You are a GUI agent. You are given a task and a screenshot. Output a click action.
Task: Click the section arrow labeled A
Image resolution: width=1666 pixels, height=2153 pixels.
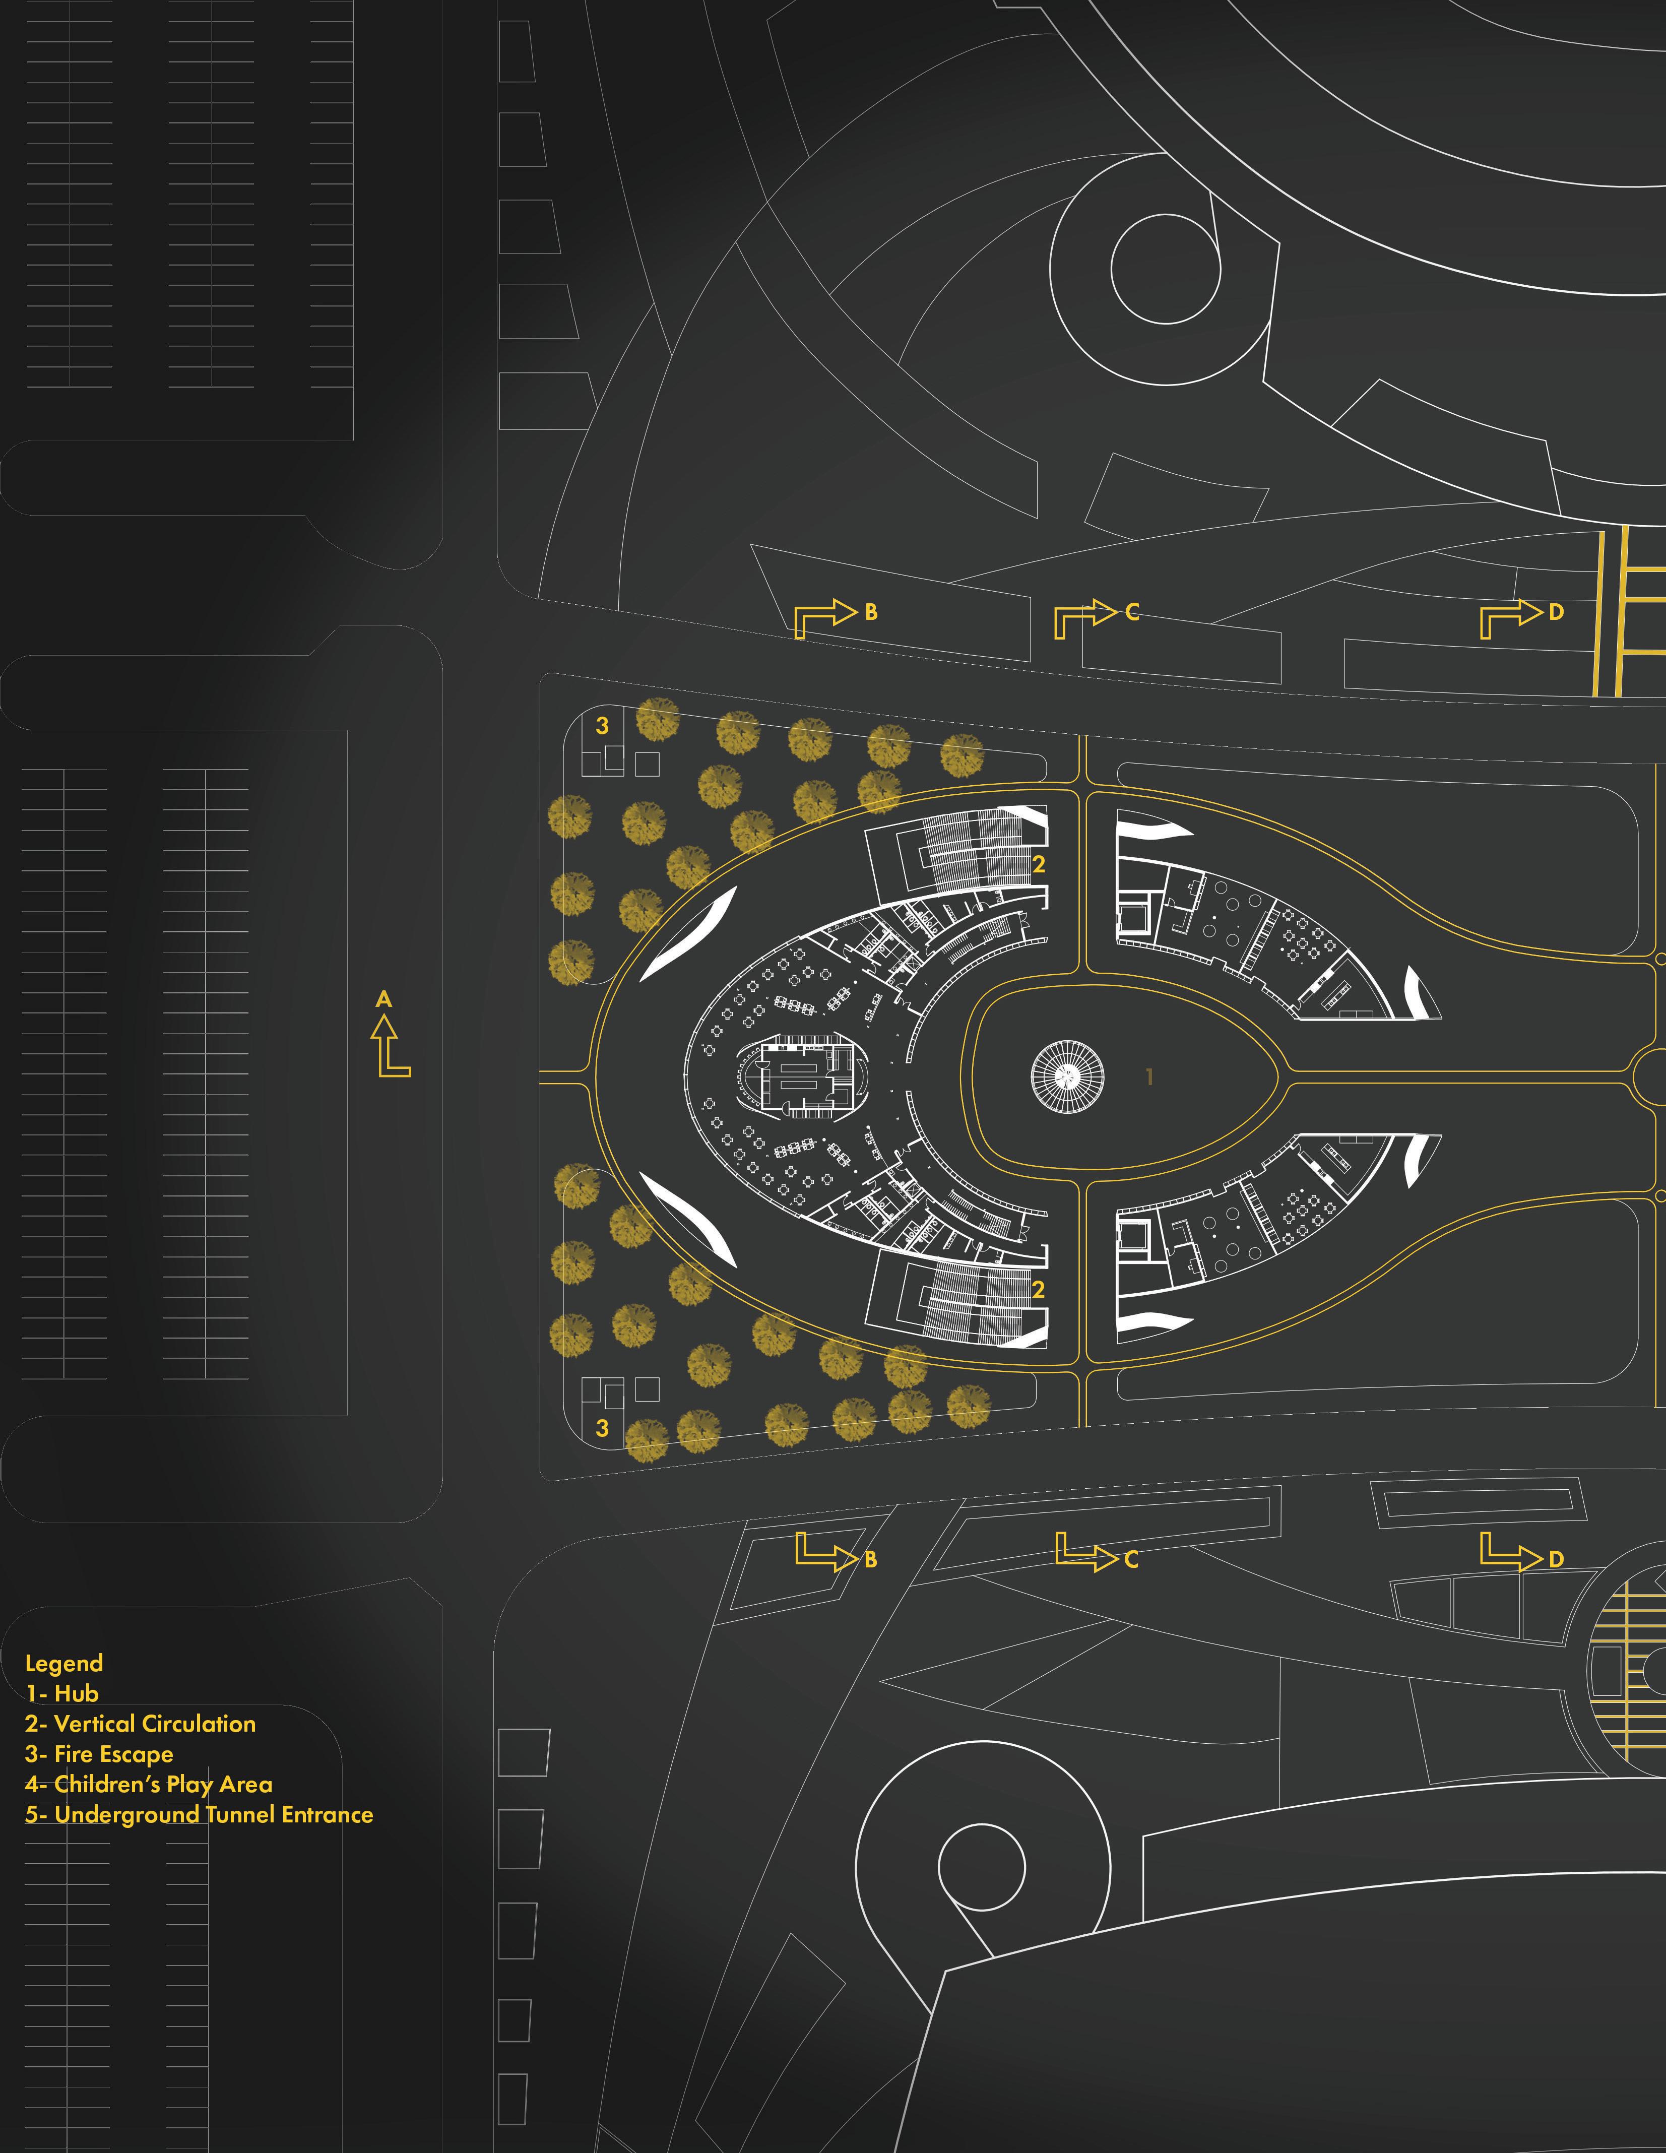(x=391, y=1045)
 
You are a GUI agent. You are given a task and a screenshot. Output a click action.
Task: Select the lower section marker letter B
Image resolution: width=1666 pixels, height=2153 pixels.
(x=870, y=1559)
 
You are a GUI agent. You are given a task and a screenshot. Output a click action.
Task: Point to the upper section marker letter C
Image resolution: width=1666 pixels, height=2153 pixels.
(x=1132, y=612)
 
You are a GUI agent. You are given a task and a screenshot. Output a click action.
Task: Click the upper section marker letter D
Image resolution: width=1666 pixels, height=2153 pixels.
(x=1556, y=612)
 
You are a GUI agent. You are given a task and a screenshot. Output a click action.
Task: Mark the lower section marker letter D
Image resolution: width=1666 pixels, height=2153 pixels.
(x=1556, y=1559)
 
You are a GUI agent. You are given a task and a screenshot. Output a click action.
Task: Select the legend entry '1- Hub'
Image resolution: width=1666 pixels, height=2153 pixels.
(x=62, y=1693)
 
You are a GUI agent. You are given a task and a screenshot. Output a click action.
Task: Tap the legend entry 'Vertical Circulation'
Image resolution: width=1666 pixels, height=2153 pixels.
(x=140, y=1724)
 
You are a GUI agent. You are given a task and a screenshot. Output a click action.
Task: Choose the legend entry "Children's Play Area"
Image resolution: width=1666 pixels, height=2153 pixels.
(x=148, y=1784)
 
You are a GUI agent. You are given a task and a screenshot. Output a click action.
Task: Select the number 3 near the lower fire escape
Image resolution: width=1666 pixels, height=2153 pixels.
(x=602, y=1428)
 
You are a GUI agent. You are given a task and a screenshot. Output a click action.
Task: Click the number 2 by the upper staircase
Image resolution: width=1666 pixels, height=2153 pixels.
(x=1038, y=864)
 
